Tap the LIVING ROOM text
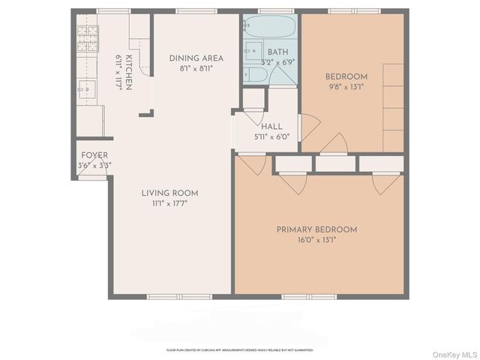[x=169, y=193]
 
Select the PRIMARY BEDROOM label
[x=316, y=229]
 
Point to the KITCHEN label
[x=129, y=73]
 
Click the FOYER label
[x=94, y=155]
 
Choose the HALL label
[x=271, y=127]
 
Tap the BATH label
[x=277, y=52]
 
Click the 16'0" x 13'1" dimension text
[x=316, y=241]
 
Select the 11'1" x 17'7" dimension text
[x=169, y=203]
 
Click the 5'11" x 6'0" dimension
[x=271, y=137]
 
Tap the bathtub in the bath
[x=271, y=31]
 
